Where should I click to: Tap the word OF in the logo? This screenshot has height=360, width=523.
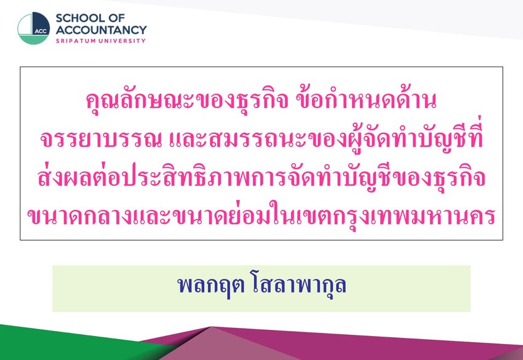118,18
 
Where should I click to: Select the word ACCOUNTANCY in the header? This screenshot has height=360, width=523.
101,30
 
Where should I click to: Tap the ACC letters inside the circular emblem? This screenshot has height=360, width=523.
41,31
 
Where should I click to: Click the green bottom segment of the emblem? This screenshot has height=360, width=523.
33,39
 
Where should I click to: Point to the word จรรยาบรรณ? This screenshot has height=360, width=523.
100,139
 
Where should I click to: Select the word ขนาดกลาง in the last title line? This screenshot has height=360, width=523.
79,216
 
